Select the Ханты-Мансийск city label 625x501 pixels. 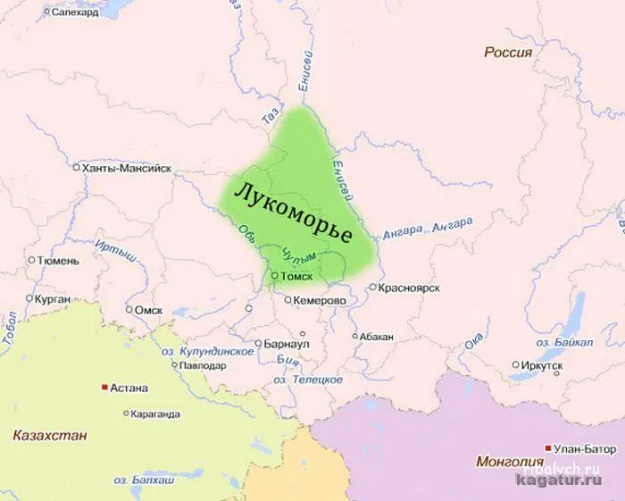[x=126, y=168]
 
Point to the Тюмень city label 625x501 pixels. [x=59, y=261]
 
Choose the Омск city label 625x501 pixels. [x=147, y=310]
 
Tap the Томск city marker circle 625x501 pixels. [x=275, y=277]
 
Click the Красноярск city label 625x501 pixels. [x=410, y=288]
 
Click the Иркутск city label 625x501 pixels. [x=543, y=364]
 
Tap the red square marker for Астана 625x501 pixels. [x=104, y=388]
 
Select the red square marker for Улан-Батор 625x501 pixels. [x=547, y=447]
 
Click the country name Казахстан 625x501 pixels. [x=50, y=436]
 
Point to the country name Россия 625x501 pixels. [x=507, y=53]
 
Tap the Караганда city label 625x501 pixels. [x=154, y=414]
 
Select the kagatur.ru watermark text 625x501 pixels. [x=562, y=482]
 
